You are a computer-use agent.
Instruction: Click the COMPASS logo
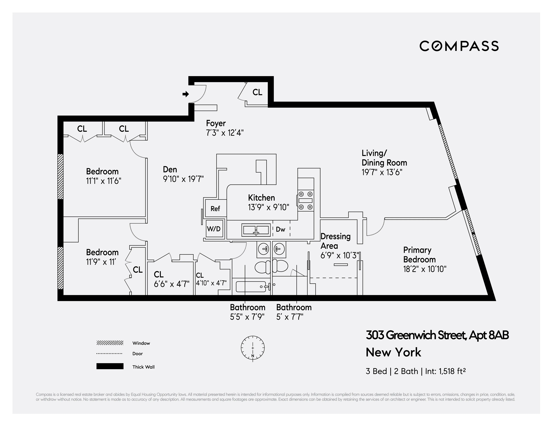(x=459, y=46)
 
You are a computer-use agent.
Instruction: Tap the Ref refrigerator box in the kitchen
(x=215, y=208)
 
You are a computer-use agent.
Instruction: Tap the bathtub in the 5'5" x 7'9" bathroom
(x=251, y=287)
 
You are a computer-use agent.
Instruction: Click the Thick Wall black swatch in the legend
(x=110, y=366)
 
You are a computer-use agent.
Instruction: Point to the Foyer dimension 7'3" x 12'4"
(x=225, y=133)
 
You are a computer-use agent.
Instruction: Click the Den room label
(x=170, y=169)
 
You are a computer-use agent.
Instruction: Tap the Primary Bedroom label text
(x=419, y=255)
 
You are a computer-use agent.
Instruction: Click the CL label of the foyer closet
(x=257, y=92)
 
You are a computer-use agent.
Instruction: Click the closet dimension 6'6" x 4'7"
(x=171, y=284)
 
